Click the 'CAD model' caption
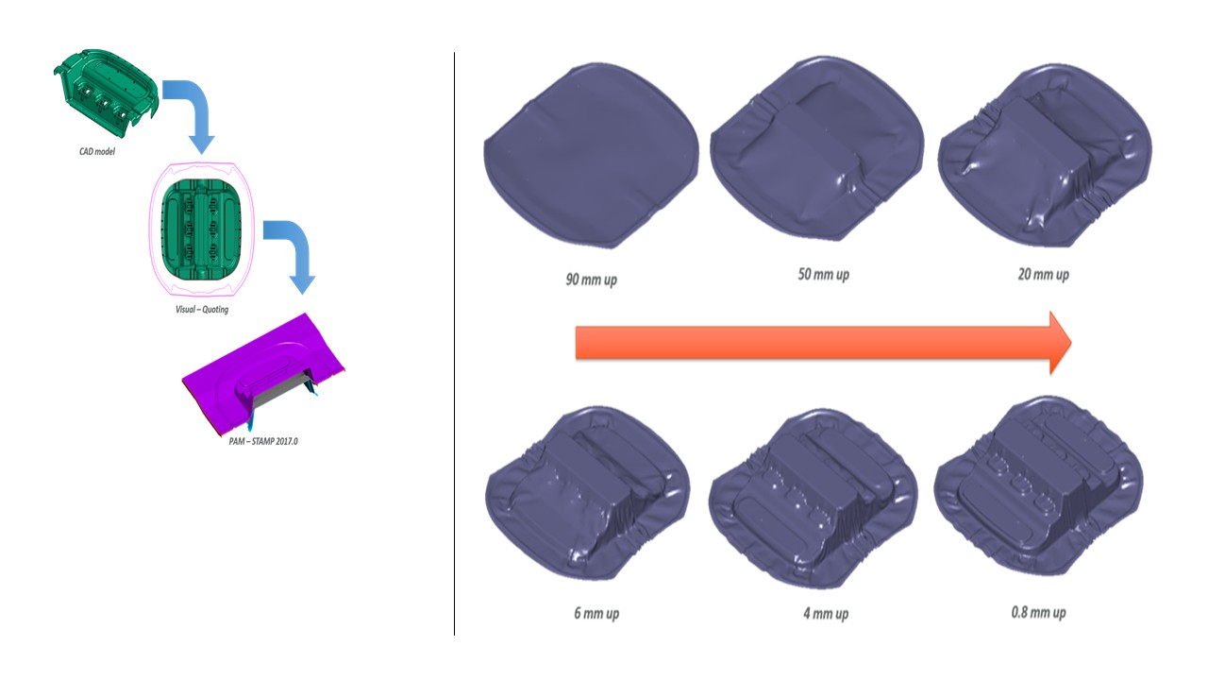[x=97, y=151]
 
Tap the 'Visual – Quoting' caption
[x=202, y=309]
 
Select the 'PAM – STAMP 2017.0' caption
[x=263, y=441]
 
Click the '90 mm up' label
[x=591, y=280]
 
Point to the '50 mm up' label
[x=824, y=274]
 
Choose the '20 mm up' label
[x=1043, y=274]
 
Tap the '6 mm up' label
[x=596, y=613]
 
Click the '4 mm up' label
[x=826, y=613]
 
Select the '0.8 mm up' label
[x=1038, y=612]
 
